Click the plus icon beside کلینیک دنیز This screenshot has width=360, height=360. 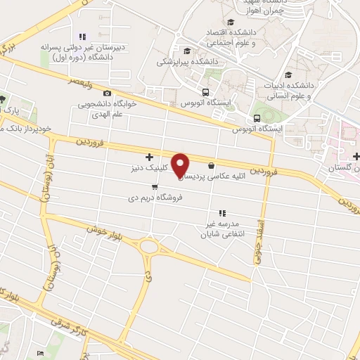coord(148,157)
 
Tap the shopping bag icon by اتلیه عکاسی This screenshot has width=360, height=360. coord(211,166)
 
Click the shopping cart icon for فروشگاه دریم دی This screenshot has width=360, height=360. coord(154,187)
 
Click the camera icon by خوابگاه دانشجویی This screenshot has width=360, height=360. coord(107,93)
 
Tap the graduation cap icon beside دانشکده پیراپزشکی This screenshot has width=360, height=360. coord(186,50)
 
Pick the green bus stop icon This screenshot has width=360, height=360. coord(258,118)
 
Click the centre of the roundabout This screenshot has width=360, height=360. coord(150,246)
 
